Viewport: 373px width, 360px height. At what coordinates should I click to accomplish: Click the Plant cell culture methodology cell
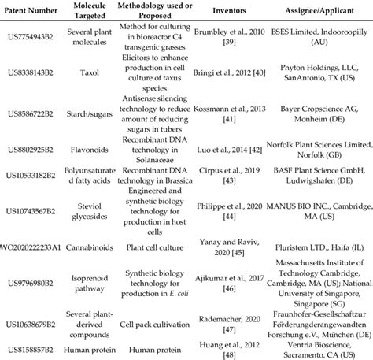point(163,245)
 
